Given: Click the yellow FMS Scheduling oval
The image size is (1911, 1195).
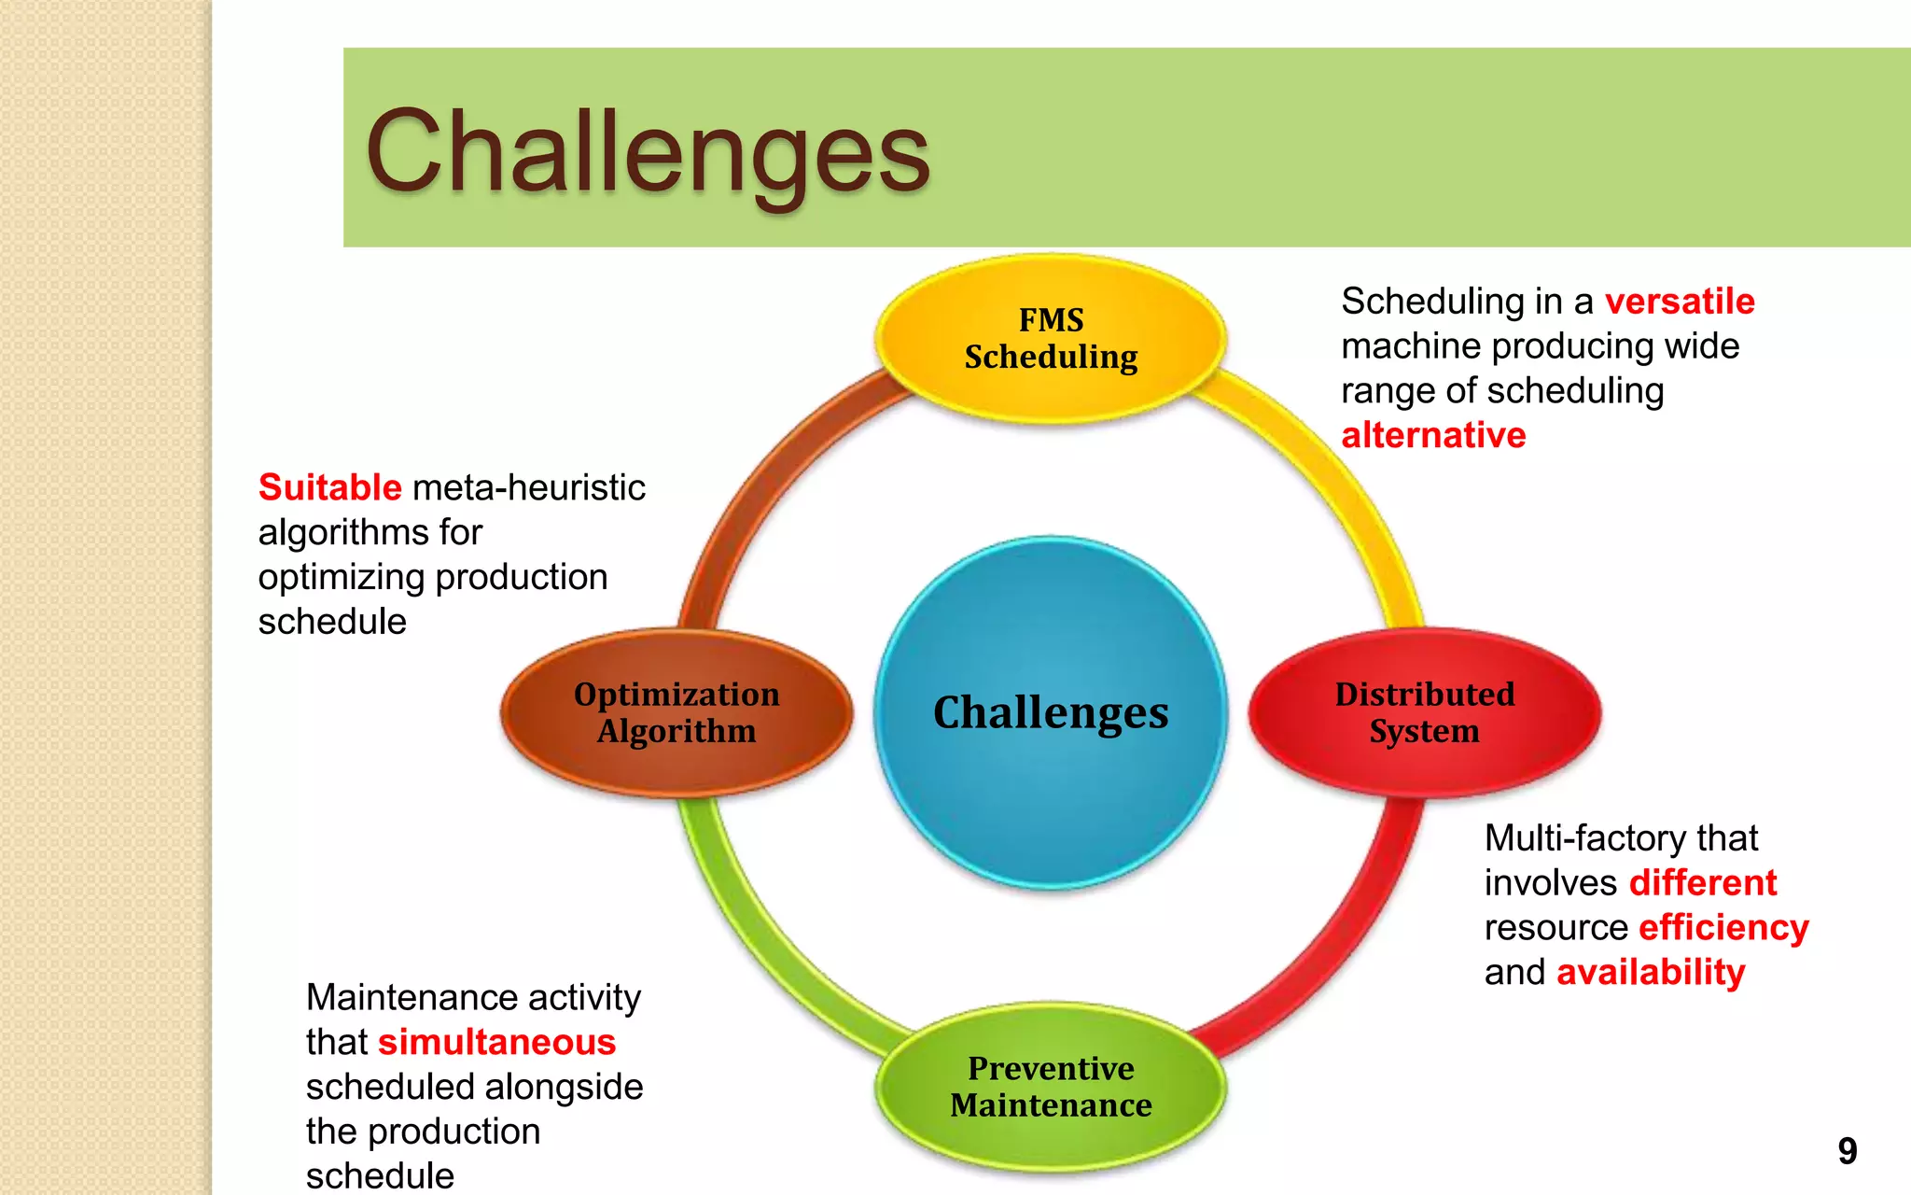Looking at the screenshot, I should click(x=1051, y=338).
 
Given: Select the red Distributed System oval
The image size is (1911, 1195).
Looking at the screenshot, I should click(x=1424, y=712).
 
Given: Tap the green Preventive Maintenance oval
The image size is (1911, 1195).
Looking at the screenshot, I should click(x=1051, y=1086).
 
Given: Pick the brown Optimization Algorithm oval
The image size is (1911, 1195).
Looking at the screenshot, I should click(x=677, y=712).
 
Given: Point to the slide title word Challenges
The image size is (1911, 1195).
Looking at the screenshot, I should click(x=648, y=151).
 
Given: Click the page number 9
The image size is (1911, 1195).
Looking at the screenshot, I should click(x=1847, y=1150).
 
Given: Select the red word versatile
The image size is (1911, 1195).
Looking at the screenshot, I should click(x=1679, y=302).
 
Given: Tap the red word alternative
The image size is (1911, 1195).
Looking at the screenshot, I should click(x=1433, y=435).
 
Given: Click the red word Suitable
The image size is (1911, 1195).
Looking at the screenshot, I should click(x=329, y=487).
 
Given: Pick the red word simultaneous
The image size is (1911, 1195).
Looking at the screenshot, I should click(x=496, y=1042).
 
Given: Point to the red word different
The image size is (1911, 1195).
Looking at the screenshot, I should click(x=1702, y=882).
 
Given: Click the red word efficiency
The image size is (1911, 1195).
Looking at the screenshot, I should click(x=1723, y=927).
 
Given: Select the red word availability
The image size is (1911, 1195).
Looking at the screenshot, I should click(x=1651, y=972).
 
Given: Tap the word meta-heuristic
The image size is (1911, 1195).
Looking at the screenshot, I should click(x=528, y=487).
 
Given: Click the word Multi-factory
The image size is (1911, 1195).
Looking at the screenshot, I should click(x=1577, y=837).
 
